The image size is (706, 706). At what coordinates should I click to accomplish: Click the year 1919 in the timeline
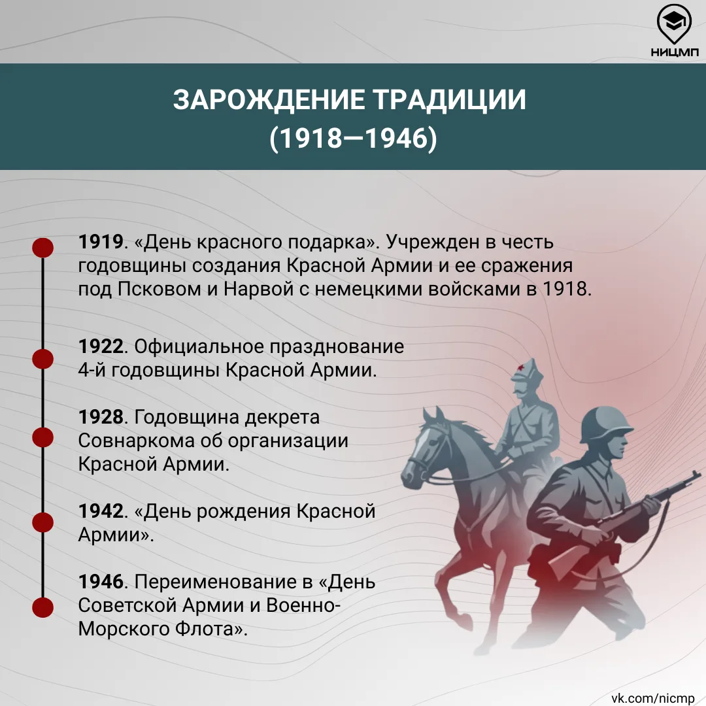(101, 242)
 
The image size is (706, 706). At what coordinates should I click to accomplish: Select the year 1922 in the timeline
(101, 346)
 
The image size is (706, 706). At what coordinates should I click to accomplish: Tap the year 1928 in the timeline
(101, 417)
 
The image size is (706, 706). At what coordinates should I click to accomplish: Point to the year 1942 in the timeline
(101, 511)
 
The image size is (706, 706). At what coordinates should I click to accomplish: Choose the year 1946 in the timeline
(101, 582)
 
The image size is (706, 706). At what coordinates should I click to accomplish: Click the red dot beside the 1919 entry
(42, 248)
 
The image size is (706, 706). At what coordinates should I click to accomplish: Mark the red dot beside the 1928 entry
(42, 437)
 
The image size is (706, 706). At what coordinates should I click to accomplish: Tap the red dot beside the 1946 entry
(42, 607)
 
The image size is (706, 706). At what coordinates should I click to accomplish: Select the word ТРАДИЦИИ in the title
(450, 99)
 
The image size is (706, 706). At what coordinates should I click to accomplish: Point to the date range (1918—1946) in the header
(353, 138)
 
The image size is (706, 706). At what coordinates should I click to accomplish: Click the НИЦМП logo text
(674, 52)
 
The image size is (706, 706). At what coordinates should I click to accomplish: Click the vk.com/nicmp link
(653, 698)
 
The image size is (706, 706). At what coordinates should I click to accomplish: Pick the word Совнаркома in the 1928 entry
(137, 441)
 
